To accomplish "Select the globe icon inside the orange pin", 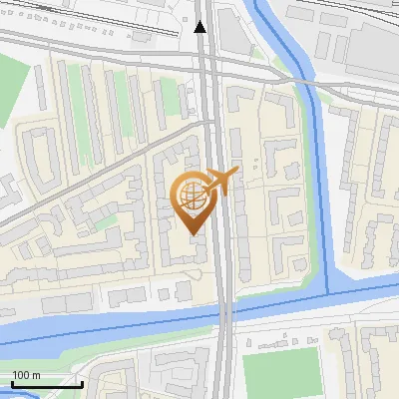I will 191,195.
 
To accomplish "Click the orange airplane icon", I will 220,181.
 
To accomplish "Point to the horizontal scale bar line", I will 46,384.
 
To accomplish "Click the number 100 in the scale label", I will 21,375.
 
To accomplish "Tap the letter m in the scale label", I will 36,375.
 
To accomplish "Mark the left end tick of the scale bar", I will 11,382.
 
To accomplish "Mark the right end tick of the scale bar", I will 82,382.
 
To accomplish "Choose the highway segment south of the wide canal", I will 222,369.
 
